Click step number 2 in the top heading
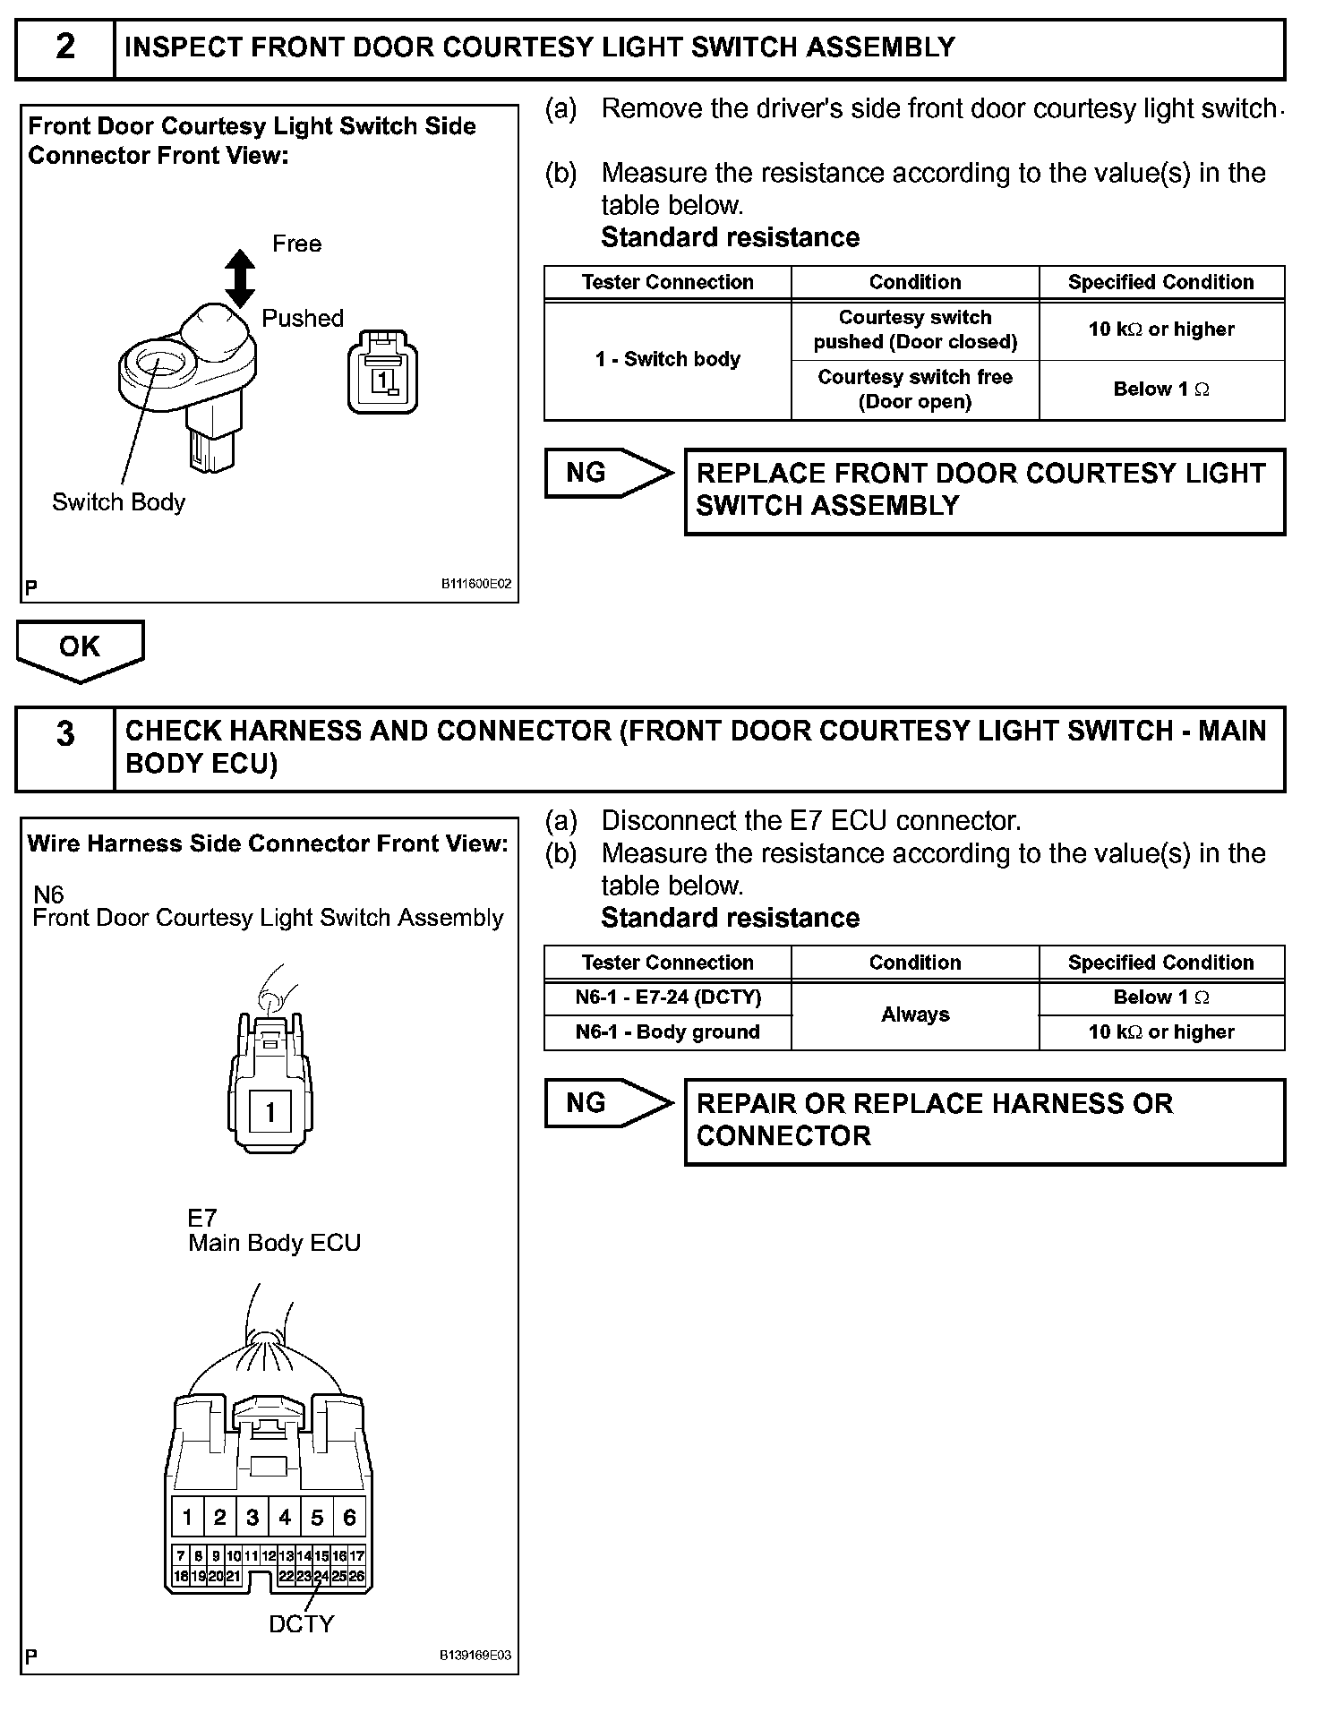(65, 47)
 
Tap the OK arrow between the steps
(80, 649)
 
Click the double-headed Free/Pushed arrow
(239, 278)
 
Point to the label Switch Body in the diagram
(118, 502)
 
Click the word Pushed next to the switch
(303, 319)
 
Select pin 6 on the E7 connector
(349, 1517)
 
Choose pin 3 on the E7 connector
(252, 1517)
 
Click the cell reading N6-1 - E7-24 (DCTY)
(668, 997)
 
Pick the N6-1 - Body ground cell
(668, 1032)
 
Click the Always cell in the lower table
(915, 1014)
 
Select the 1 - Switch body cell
(668, 360)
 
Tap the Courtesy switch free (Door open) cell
(915, 389)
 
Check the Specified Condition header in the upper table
(1161, 282)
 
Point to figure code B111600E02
(475, 584)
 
